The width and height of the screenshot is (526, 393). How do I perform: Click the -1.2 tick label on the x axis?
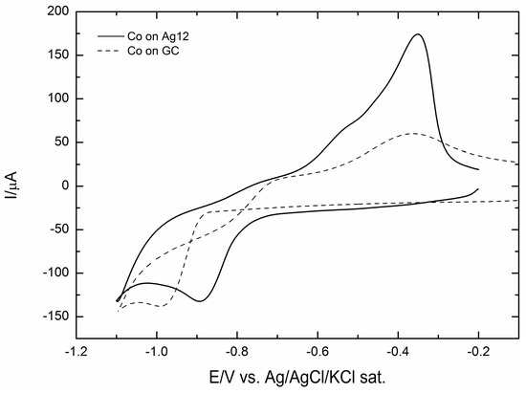coord(74,350)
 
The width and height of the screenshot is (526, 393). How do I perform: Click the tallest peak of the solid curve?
coord(417,34)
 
